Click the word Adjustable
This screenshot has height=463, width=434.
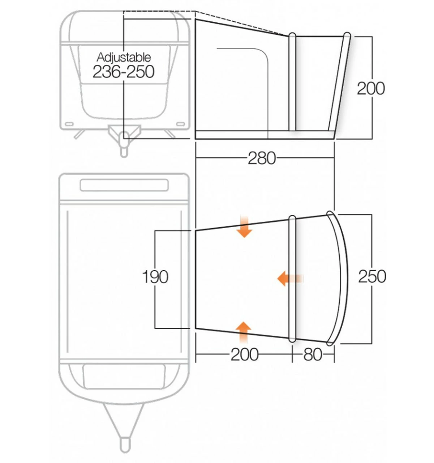(124, 57)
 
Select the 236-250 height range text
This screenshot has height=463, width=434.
(124, 72)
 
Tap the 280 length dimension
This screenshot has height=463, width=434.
(262, 158)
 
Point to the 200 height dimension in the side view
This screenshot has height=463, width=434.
(371, 88)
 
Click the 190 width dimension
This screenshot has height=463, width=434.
(155, 277)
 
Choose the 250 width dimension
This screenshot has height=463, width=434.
(372, 277)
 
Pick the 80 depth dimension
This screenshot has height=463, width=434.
(313, 355)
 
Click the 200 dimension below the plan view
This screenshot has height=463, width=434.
(244, 355)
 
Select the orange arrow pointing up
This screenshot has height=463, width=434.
(244, 331)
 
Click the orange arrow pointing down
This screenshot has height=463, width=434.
(245, 227)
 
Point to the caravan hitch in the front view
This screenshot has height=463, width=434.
(124, 139)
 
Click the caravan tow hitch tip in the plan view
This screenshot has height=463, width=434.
(124, 443)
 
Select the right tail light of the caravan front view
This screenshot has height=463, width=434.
(180, 124)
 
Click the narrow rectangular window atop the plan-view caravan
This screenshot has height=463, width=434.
(124, 185)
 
